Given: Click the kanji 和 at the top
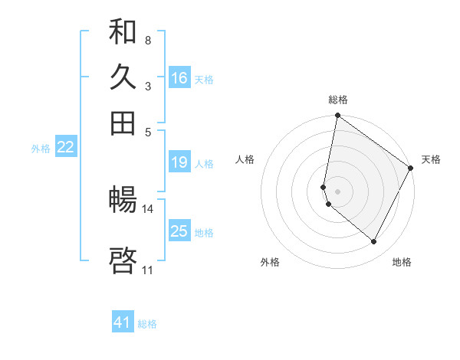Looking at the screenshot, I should [x=123, y=32].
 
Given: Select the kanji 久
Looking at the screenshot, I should [x=123, y=77].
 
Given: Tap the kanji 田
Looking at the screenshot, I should [x=123, y=123].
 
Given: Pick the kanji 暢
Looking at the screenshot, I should [x=123, y=201].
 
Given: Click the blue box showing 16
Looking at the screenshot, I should [x=179, y=77].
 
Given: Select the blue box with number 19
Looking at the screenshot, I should [x=179, y=162].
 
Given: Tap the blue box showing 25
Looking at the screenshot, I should [x=179, y=231].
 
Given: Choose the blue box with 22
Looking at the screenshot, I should [x=65, y=147].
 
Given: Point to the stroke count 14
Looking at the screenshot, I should [x=148, y=208].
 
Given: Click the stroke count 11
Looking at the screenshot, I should [x=147, y=270].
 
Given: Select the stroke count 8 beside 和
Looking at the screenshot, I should [x=147, y=40].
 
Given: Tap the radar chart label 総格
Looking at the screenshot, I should [x=338, y=100].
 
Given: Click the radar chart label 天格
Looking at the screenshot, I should [x=432, y=159].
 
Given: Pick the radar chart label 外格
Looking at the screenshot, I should [x=269, y=262].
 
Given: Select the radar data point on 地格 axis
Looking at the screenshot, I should [x=374, y=242].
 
